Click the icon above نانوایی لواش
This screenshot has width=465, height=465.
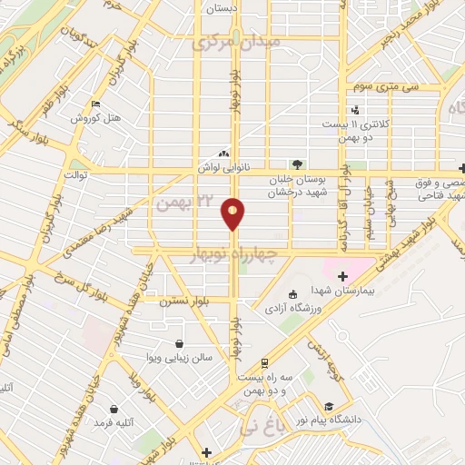[x=223, y=153]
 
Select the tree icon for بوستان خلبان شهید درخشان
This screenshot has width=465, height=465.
[x=300, y=164]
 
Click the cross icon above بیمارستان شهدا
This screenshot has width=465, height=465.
[x=341, y=276]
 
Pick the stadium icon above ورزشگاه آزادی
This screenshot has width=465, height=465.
[x=292, y=293]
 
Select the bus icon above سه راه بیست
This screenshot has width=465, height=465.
[x=263, y=361]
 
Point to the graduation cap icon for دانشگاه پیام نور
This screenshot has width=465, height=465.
[x=329, y=407]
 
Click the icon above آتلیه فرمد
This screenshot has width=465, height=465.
[x=113, y=410]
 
